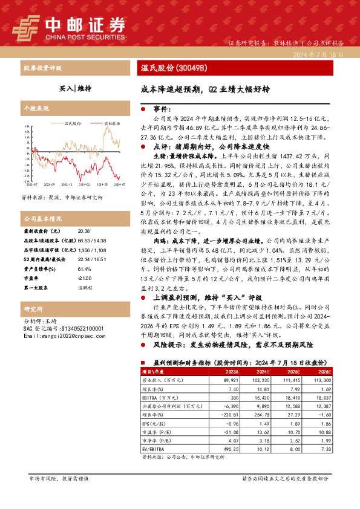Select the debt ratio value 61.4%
click(84, 252)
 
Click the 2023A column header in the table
click(214, 372)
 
